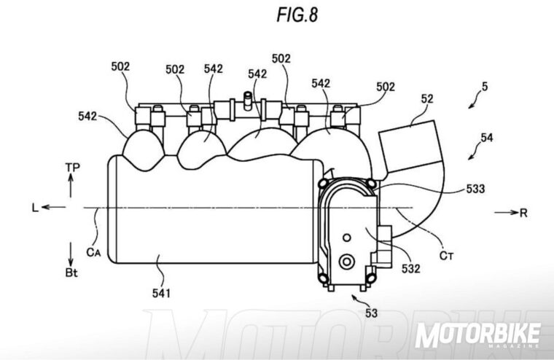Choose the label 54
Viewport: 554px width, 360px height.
pyautogui.click(x=488, y=136)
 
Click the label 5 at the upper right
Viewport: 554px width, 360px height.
pyautogui.click(x=485, y=86)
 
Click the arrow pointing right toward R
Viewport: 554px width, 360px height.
pyautogui.click(x=513, y=213)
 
